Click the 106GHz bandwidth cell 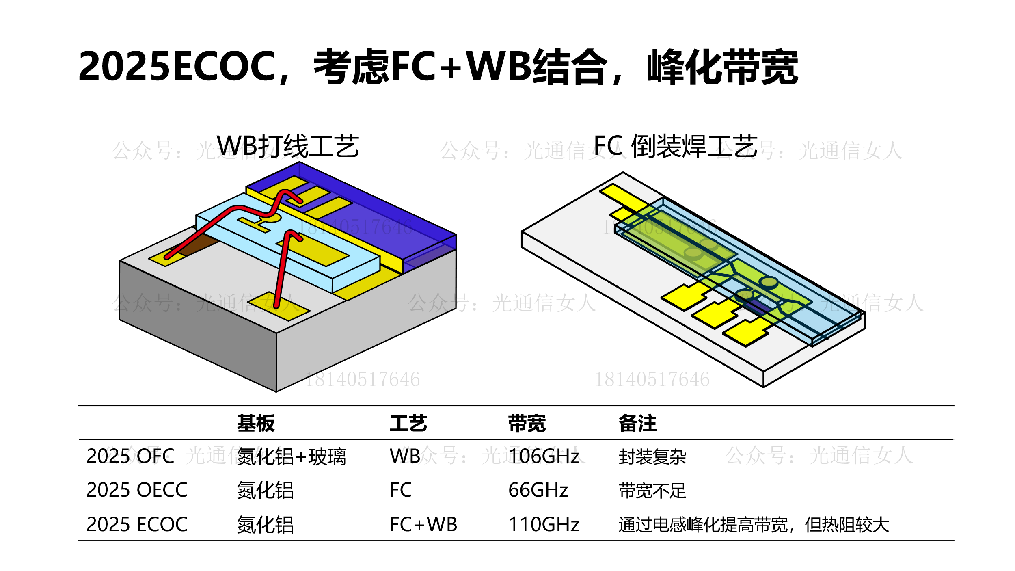[x=544, y=456]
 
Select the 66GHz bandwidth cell [x=538, y=490]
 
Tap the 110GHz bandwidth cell [x=544, y=524]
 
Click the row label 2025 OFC [x=130, y=456]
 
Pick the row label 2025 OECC [x=137, y=490]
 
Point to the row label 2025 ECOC [x=137, y=524]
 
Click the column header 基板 [x=256, y=424]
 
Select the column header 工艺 [x=408, y=424]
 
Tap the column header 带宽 [x=527, y=424]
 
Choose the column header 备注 [x=637, y=424]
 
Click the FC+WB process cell [x=423, y=524]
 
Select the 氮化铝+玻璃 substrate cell [x=291, y=456]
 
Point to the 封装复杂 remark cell [x=652, y=456]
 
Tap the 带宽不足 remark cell [x=652, y=491]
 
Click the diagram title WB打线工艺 [x=288, y=146]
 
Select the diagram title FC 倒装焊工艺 [x=676, y=146]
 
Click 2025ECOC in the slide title [x=177, y=66]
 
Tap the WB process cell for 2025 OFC [x=405, y=456]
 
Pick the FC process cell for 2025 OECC [x=401, y=490]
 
